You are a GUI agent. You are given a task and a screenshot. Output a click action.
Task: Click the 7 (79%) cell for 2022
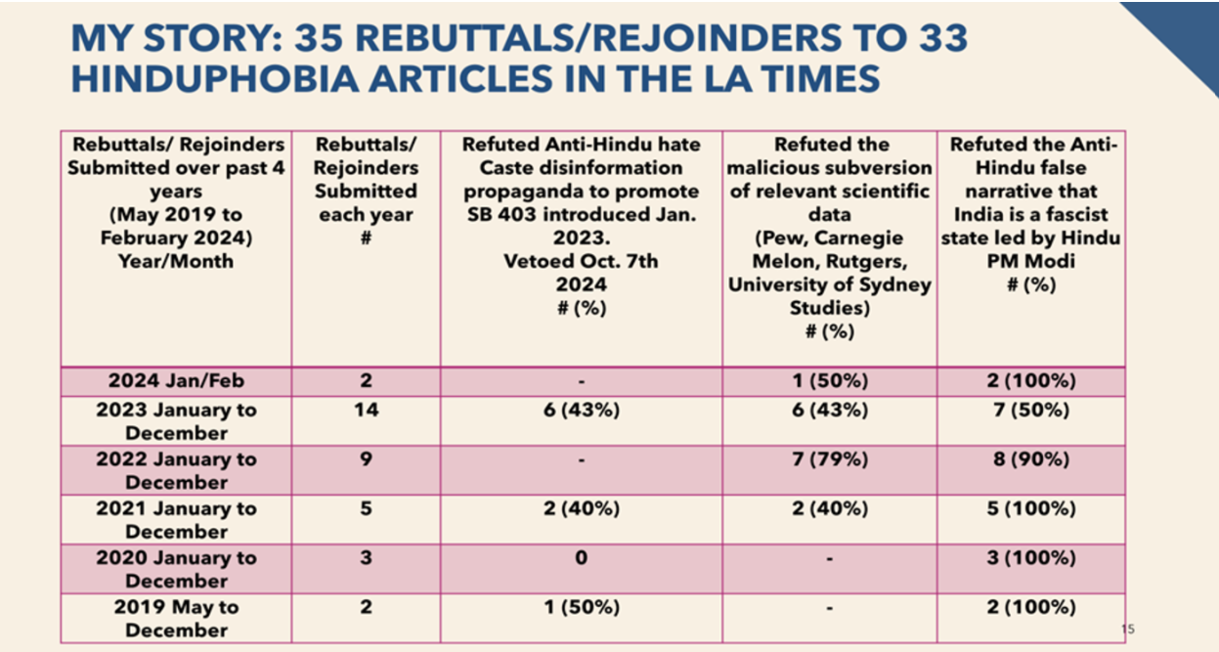pos(830,459)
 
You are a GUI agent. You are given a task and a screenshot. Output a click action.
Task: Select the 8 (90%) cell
pos(1030,459)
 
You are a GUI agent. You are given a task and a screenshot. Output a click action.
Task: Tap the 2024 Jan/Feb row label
pos(176,381)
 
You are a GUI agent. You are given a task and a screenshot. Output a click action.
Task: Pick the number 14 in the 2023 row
pos(366,411)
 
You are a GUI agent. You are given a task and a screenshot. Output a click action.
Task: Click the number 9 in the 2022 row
pos(366,459)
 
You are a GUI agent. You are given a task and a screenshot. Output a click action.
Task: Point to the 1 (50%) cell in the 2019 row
pos(581,607)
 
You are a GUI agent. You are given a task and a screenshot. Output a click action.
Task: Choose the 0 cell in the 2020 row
pos(581,558)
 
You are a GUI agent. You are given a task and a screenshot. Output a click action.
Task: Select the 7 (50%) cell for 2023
pos(1030,411)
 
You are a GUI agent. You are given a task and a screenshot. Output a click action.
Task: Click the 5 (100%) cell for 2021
pos(1030,508)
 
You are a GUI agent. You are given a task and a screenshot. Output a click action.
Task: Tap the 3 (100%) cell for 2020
pos(1030,558)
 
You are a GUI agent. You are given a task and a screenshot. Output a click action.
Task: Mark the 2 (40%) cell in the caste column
pos(581,508)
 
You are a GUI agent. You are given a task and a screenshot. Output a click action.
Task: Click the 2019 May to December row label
pos(176,618)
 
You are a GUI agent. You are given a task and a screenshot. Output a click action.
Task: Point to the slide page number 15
pos(1128,630)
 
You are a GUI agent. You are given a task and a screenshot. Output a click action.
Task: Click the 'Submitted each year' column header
pos(366,191)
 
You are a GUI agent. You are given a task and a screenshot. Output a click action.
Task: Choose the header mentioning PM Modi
pos(1030,214)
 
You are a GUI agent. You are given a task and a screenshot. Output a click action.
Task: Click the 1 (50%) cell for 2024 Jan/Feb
pos(830,381)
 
